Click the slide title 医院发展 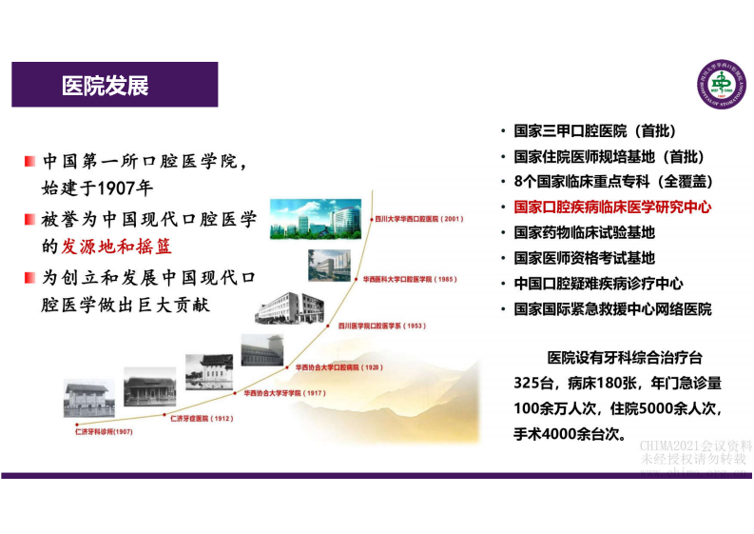pos(105,86)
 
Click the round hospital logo pos(722,85)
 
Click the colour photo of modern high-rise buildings pos(316,218)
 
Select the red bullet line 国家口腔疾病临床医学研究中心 pos(612,206)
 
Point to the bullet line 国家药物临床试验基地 pos(584,231)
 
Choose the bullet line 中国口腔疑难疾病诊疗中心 pos(598,284)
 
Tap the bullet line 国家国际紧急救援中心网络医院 pos(612,309)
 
